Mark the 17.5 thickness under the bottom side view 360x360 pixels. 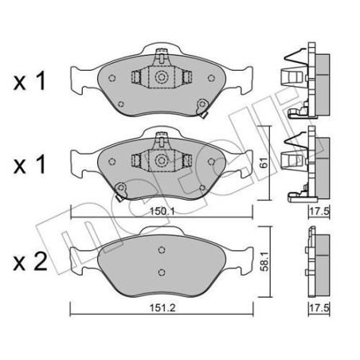[x=319, y=307]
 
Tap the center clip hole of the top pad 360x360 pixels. [x=160, y=79]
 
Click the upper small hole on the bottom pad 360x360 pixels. [x=160, y=248]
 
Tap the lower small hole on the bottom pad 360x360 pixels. [x=160, y=272]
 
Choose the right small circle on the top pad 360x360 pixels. [x=209, y=78]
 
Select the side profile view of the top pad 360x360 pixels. [x=307, y=80]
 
